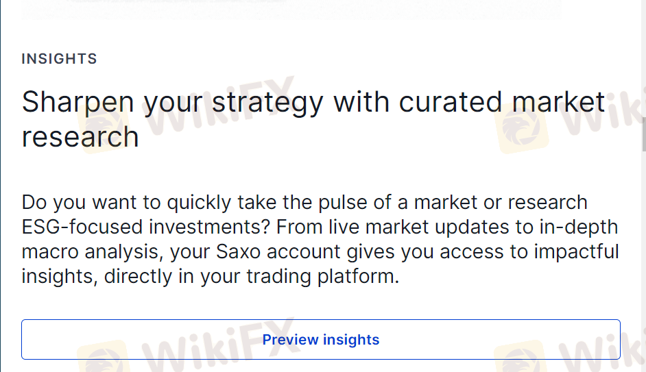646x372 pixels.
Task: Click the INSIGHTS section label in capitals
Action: click(60, 59)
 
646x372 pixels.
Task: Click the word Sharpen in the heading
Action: click(78, 103)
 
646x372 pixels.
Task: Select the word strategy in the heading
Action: click(267, 103)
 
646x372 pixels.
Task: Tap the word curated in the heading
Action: click(451, 102)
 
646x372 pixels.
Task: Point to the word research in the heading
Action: click(80, 138)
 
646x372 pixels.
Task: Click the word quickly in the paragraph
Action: click(199, 203)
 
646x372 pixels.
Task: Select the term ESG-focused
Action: click(82, 227)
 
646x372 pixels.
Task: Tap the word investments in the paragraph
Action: click(209, 227)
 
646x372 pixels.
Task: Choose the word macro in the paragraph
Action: click(50, 252)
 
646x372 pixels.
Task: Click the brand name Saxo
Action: click(238, 252)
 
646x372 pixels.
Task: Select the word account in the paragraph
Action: click(304, 252)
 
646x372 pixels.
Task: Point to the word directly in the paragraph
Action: click(138, 277)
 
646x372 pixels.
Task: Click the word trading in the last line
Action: click(279, 277)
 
